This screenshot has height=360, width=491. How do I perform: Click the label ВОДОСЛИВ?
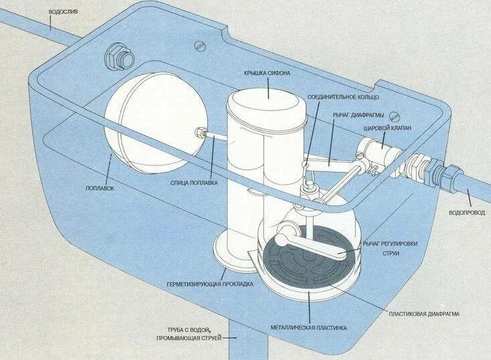[66, 11]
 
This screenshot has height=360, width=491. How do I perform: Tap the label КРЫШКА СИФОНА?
[268, 72]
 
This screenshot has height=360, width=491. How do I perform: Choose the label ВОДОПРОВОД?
[468, 212]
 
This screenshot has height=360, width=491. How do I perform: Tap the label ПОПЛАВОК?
[99, 189]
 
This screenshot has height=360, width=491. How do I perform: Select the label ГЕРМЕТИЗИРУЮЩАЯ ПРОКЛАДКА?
[209, 284]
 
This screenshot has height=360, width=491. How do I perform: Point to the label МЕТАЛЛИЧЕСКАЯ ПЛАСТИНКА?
[309, 328]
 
